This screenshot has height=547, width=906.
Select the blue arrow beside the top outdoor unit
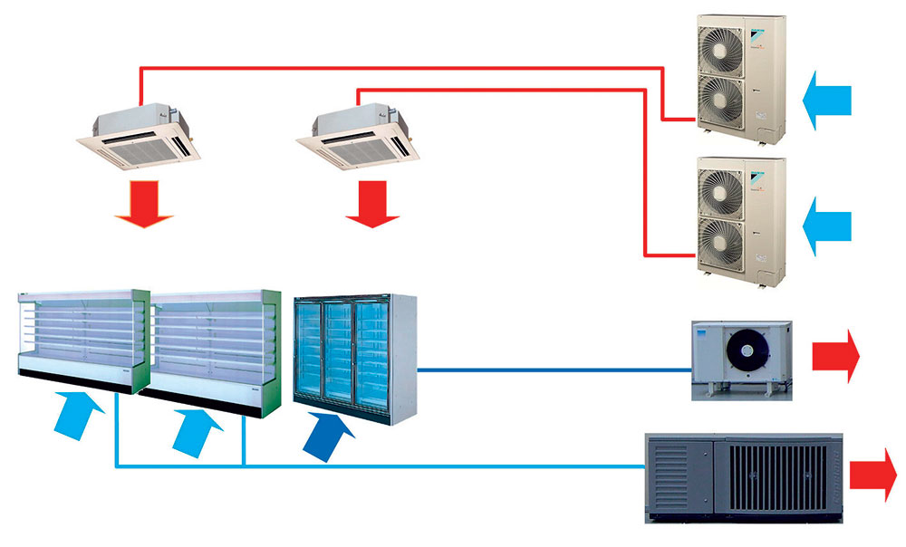click(826, 98)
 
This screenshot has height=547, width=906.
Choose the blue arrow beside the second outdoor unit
click(826, 222)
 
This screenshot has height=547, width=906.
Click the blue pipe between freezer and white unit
click(553, 369)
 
